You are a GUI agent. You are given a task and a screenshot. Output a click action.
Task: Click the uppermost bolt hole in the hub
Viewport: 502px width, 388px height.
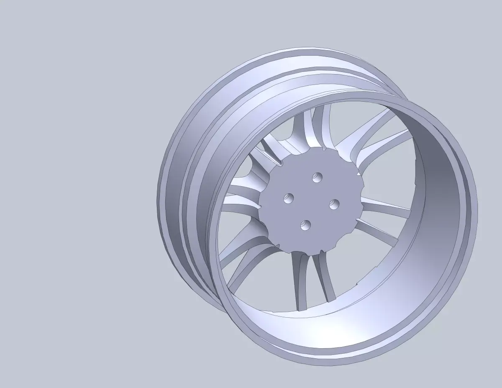[x=317, y=177]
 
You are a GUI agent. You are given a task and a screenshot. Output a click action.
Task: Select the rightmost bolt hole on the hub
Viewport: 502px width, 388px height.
[x=334, y=205]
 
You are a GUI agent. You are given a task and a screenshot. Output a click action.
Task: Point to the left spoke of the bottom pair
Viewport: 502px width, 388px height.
[x=300, y=280]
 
